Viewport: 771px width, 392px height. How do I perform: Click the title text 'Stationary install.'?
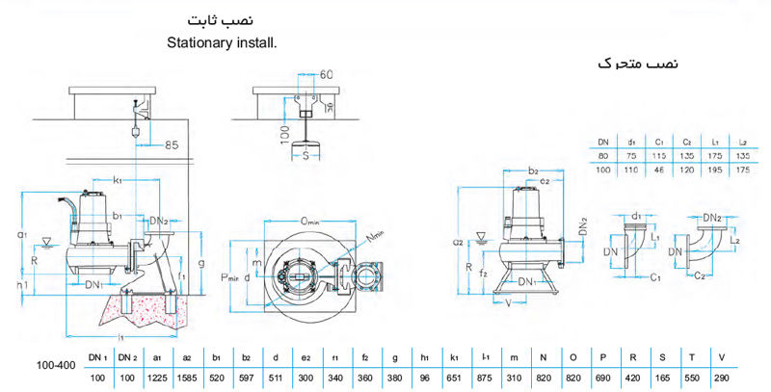221,42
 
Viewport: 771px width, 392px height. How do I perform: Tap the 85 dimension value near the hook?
172,144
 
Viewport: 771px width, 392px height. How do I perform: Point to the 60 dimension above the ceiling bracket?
326,74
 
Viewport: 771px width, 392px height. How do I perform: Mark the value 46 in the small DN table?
661,170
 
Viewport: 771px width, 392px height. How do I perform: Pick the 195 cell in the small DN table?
715,170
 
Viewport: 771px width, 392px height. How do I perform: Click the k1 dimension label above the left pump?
117,180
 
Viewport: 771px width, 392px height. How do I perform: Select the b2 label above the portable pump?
533,170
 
